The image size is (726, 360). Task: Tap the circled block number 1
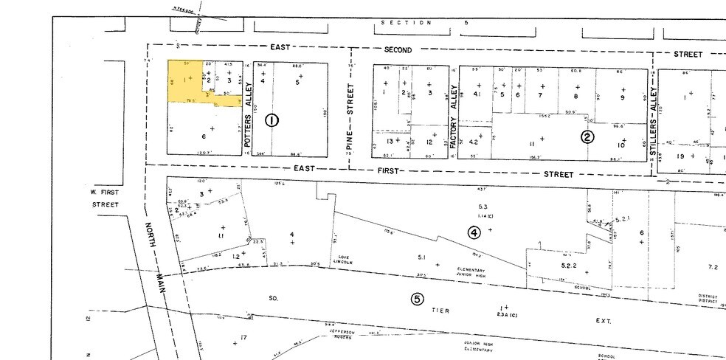(x=272, y=121)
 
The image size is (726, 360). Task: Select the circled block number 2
(x=587, y=136)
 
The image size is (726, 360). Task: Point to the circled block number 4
(x=474, y=232)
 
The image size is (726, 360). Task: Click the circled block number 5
(x=417, y=299)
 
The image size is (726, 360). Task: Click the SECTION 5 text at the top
(x=424, y=23)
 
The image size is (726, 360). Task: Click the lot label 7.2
(x=712, y=266)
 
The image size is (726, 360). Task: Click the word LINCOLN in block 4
(x=342, y=263)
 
